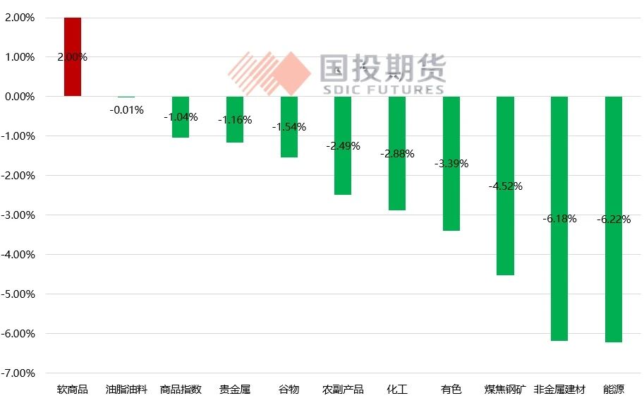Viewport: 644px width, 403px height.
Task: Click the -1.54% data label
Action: pyautogui.click(x=289, y=127)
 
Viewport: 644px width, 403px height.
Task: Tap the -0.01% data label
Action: pyautogui.click(x=126, y=109)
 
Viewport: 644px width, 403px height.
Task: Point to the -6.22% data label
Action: pyautogui.click(x=614, y=219)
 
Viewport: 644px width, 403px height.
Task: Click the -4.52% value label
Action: pyautogui.click(x=505, y=186)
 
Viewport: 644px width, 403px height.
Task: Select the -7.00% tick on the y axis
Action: pyautogui.click(x=20, y=373)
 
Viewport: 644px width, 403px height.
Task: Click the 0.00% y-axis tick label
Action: pyautogui.click(x=20, y=96)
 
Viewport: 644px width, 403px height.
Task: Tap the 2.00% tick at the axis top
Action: pyautogui.click(x=20, y=18)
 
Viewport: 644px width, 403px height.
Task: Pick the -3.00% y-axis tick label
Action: pyautogui.click(x=20, y=215)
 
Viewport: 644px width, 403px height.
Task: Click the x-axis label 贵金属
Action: pyautogui.click(x=235, y=389)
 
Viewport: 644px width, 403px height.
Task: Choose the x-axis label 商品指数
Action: pyautogui.click(x=181, y=389)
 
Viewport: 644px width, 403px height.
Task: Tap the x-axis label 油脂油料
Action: pyautogui.click(x=126, y=389)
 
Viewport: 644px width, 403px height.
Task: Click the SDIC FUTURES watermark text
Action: pyautogui.click(x=382, y=90)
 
